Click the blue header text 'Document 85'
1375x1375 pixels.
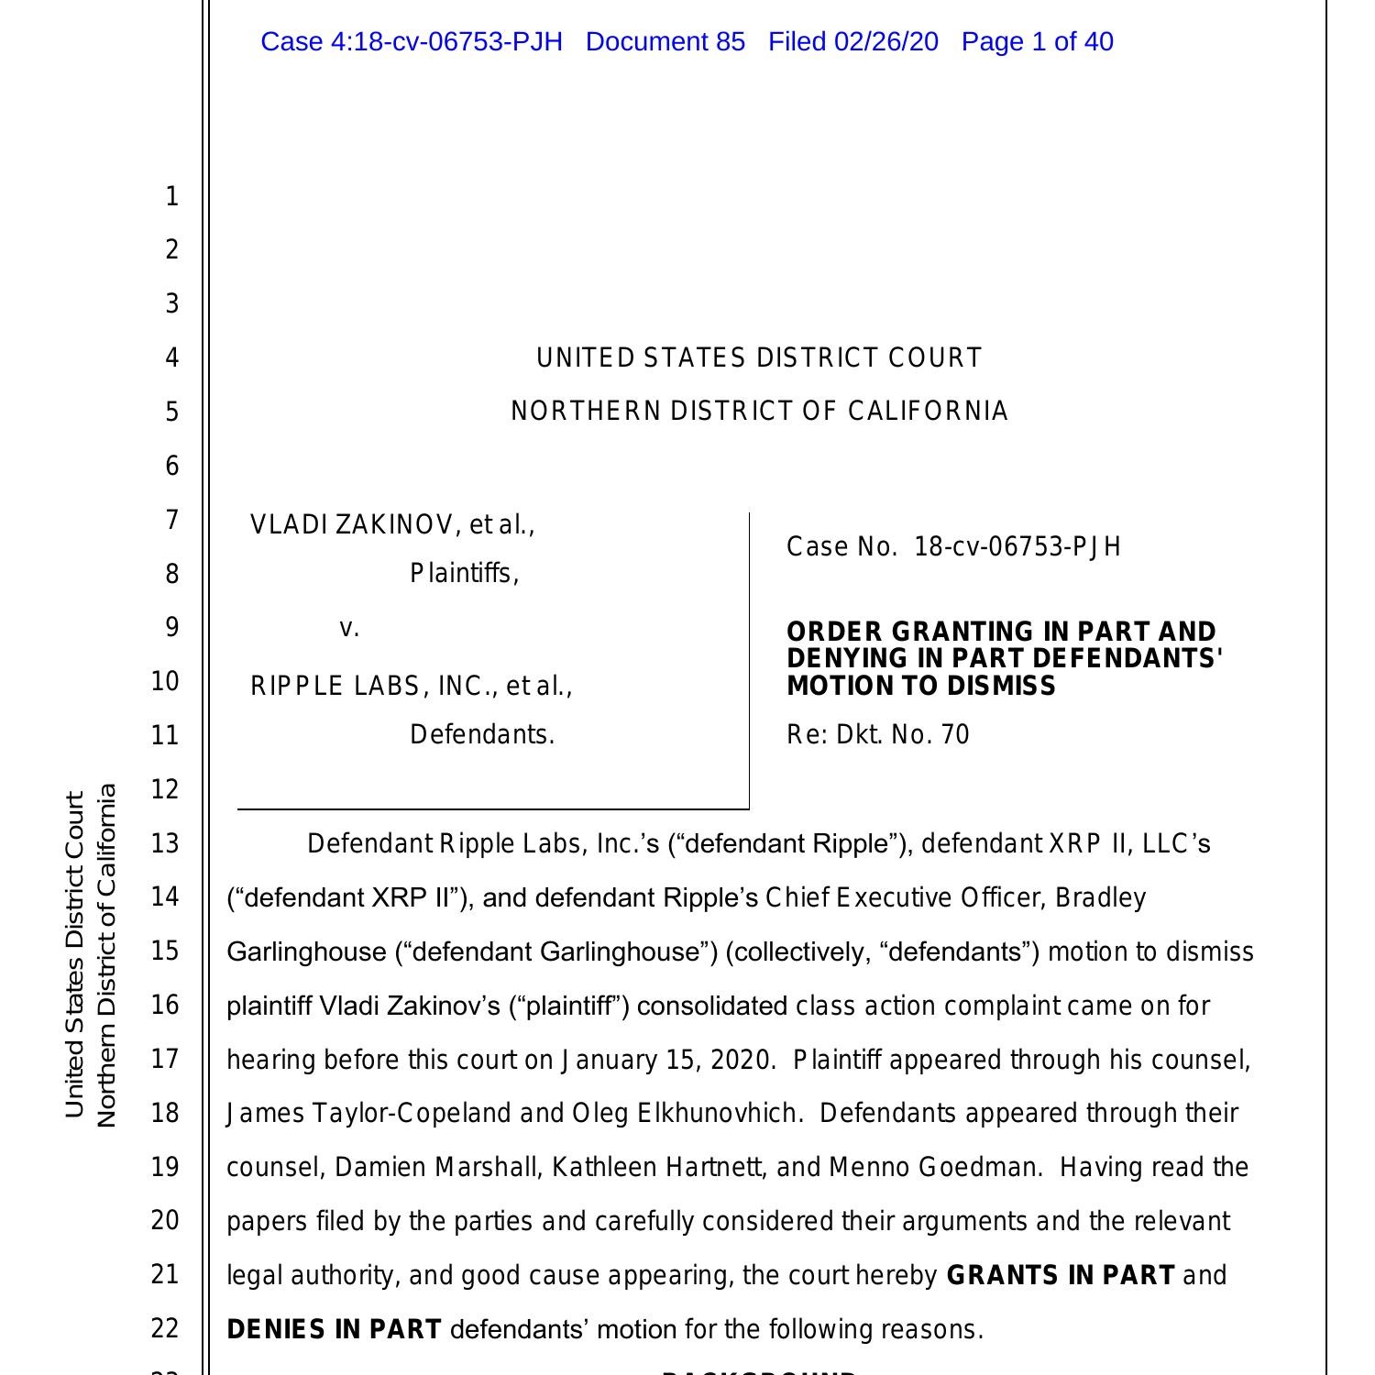(665, 42)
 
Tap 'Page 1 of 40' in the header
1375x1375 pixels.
(1037, 42)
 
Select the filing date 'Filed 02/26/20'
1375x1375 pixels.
(852, 42)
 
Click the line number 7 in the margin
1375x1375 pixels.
(171, 520)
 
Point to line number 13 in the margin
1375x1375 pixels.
(165, 842)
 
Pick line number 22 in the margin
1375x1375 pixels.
(165, 1328)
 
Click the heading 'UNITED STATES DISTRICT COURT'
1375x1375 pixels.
(759, 357)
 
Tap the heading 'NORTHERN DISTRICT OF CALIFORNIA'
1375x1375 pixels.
(759, 412)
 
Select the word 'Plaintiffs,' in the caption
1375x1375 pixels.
(464, 574)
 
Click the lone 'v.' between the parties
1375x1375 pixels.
(349, 628)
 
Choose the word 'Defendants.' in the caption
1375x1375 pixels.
(482, 735)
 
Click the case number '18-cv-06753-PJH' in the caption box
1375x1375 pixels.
(1017, 547)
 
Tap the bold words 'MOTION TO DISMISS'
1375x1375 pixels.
(921, 686)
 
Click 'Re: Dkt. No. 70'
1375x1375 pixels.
(877, 735)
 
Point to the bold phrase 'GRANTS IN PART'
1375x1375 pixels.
(1061, 1275)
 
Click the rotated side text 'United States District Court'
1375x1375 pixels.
(75, 953)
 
